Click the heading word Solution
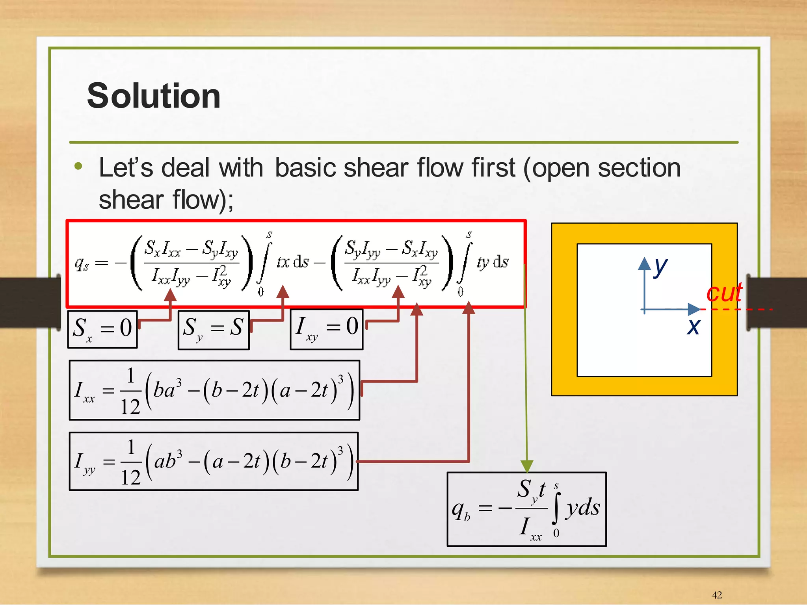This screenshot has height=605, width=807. click(154, 96)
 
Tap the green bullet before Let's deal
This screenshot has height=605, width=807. click(78, 166)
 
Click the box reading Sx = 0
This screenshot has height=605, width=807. click(102, 329)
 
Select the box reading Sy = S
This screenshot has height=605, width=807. click(214, 329)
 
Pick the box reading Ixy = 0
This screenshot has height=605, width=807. click(326, 329)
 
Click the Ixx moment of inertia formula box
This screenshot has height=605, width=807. click(214, 390)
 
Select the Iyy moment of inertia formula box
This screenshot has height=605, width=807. click(214, 461)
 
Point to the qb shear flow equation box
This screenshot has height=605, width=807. click(526, 509)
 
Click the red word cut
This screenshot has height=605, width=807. click(724, 293)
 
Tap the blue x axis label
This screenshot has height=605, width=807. click(694, 327)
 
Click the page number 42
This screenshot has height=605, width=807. click(717, 595)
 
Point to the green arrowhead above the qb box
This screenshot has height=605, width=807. click(527, 466)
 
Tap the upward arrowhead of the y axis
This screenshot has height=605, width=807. click(644, 263)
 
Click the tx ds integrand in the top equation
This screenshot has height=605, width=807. click(293, 262)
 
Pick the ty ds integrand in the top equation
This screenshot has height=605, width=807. click(493, 262)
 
